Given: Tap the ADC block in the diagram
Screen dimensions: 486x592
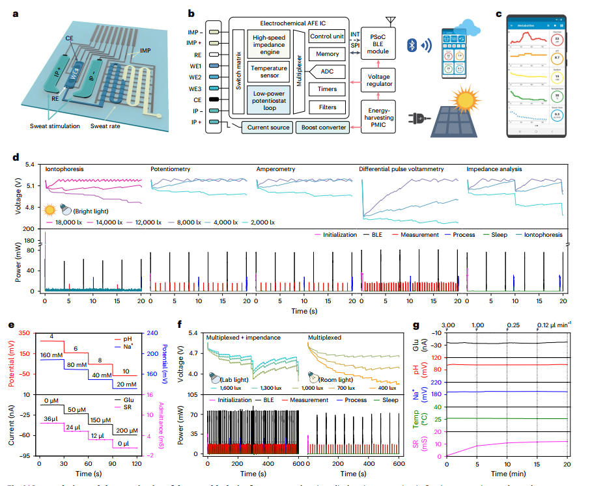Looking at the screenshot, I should [328, 72].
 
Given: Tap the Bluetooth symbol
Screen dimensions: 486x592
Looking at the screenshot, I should [411, 45].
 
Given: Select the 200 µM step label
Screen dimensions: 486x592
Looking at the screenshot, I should [124, 431].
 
